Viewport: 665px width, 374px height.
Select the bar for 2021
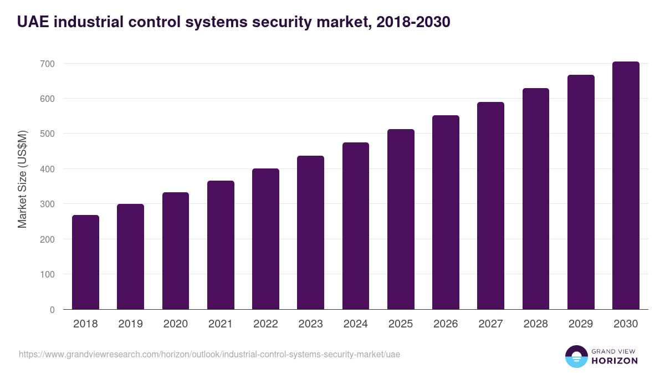(x=221, y=245)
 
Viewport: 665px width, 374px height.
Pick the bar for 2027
(x=490, y=206)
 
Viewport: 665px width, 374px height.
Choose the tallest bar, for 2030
(x=626, y=186)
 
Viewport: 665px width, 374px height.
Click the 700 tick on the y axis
(x=47, y=64)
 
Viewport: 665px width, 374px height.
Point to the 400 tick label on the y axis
(x=47, y=169)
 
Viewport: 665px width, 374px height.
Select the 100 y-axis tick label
(x=47, y=274)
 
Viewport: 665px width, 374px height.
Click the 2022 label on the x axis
(x=265, y=324)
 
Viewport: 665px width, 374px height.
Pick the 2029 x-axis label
(x=581, y=324)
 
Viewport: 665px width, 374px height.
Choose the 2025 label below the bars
(x=401, y=324)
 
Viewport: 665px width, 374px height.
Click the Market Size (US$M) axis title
(x=22, y=180)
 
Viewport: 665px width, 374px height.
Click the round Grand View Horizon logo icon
(x=576, y=356)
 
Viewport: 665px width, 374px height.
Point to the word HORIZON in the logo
(x=614, y=361)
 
